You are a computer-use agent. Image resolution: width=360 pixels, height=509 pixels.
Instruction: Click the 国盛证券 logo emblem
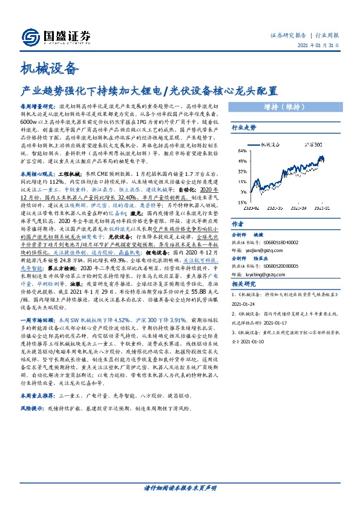[x=31, y=36]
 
